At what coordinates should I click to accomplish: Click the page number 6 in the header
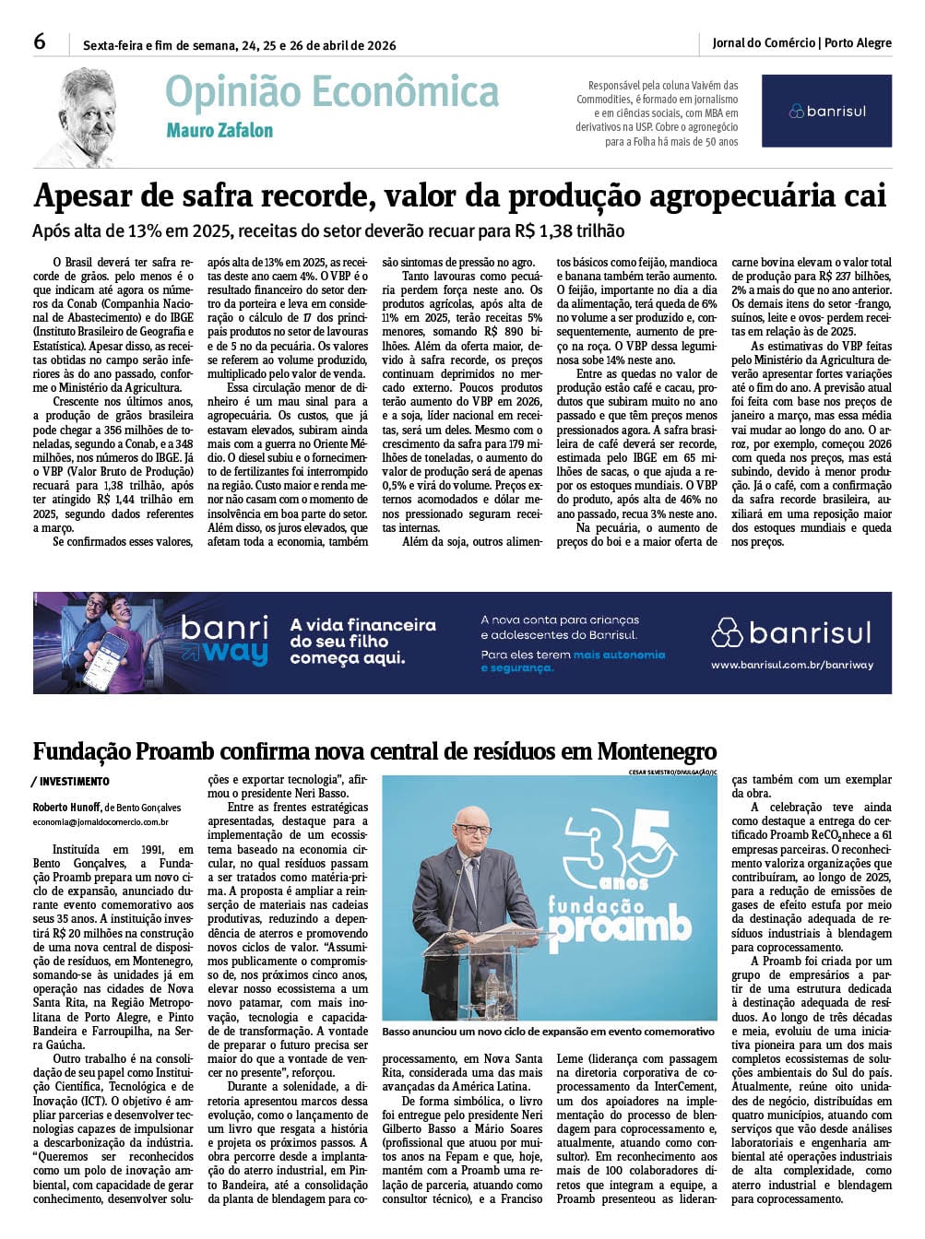(40, 41)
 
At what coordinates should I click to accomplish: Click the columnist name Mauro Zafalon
(219, 131)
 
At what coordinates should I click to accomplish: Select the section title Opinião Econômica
(332, 92)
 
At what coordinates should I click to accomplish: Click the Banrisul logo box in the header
(826, 111)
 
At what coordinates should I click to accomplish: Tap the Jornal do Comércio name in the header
(764, 42)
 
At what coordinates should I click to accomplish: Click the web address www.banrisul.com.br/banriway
(791, 665)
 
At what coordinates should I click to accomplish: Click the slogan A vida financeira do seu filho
(362, 633)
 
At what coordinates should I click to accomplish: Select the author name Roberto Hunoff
(67, 807)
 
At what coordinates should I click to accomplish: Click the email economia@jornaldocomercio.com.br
(101, 821)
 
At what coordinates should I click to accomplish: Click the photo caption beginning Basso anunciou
(548, 1032)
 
